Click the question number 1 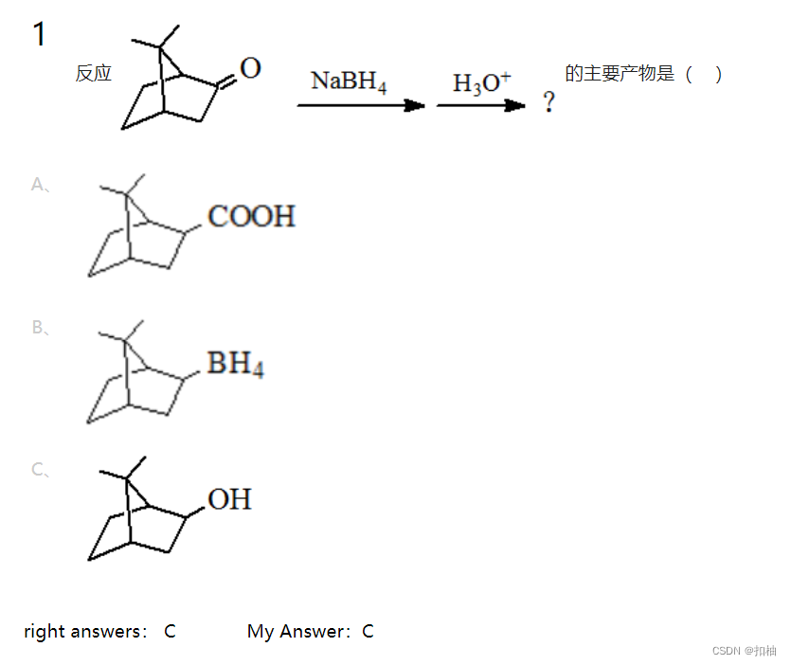(39, 35)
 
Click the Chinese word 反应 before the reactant (94, 74)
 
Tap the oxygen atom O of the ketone (250, 68)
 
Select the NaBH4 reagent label (348, 81)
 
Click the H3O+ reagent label (481, 83)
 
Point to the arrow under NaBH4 (361, 105)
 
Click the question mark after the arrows (548, 103)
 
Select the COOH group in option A (251, 217)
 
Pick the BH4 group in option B (235, 364)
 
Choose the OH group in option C (229, 499)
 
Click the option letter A (39, 185)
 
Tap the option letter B (39, 328)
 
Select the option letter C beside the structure (39, 469)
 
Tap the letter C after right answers (170, 631)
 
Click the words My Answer (297, 631)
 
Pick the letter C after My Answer (368, 631)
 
